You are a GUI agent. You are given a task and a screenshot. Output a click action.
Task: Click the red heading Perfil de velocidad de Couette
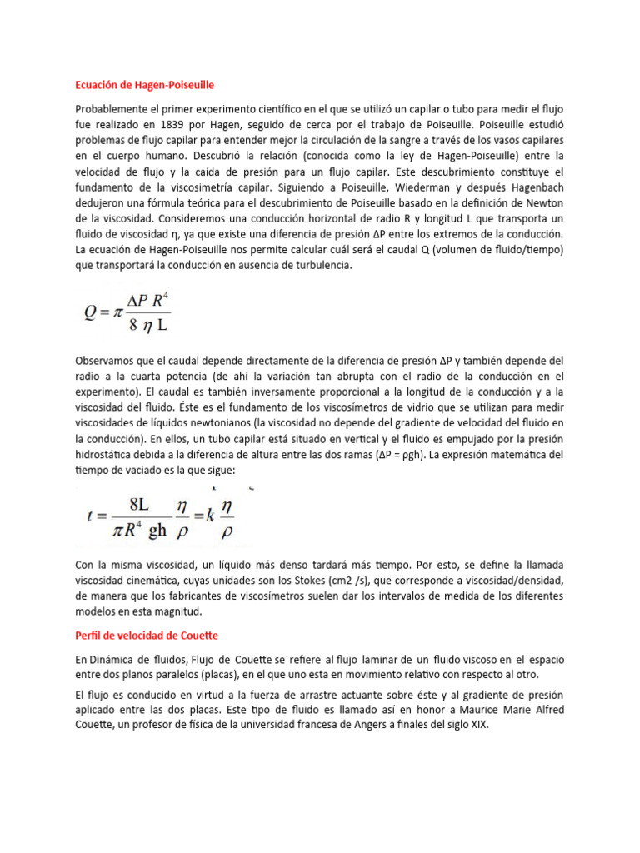click(x=147, y=636)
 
